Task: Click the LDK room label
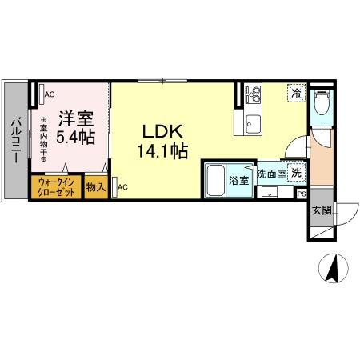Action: coord(162,131)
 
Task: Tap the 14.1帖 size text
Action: coord(162,150)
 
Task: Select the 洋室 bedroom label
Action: coord(76,118)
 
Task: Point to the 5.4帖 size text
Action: coord(75,137)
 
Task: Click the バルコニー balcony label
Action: coord(16,141)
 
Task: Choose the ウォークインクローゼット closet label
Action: coord(56,187)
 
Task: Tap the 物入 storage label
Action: coord(96,187)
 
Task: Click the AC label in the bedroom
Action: coord(50,94)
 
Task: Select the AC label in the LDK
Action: coord(122,187)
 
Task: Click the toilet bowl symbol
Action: coord(322,102)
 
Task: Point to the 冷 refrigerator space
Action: coord(296,93)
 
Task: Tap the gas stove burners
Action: coord(253,94)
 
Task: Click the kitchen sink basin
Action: coord(253,125)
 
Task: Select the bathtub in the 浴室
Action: coord(215,180)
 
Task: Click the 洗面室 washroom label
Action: coord(271,174)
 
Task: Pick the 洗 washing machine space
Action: coord(296,173)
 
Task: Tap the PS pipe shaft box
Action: coord(302,194)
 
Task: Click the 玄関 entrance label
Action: coord(322,210)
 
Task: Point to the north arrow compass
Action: coord(334,268)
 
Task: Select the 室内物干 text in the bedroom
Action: coord(43,139)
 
